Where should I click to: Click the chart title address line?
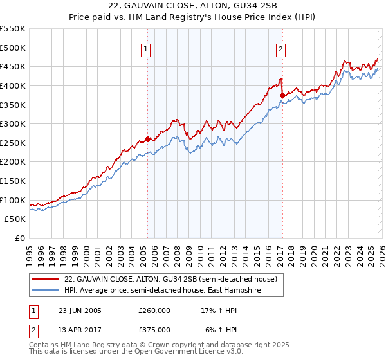click(x=192, y=6)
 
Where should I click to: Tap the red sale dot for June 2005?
click(x=148, y=139)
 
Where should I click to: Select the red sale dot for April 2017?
click(x=282, y=95)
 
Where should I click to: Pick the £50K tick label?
click(x=15, y=219)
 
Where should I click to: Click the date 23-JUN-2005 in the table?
click(x=80, y=310)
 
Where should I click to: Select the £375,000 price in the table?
click(x=154, y=330)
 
